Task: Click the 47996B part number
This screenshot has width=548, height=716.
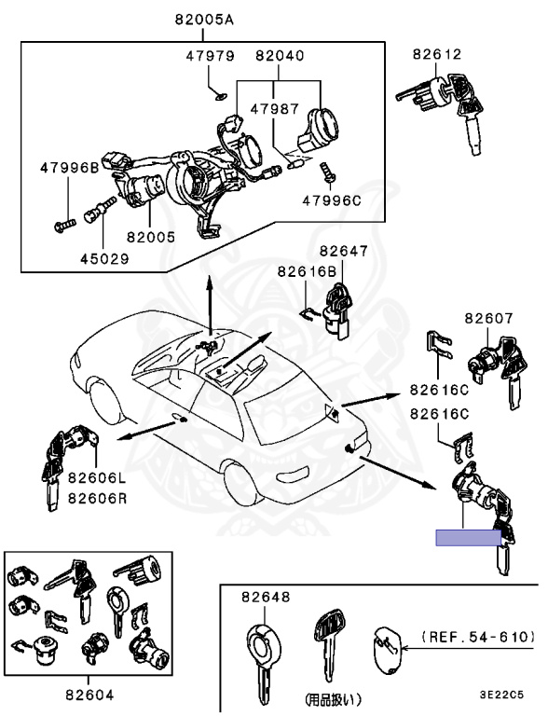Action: point(69,168)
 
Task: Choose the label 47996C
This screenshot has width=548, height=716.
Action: point(332,199)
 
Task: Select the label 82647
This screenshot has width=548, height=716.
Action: point(344,251)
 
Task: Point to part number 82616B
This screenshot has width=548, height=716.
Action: point(306,271)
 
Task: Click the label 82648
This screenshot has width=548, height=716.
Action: point(266,596)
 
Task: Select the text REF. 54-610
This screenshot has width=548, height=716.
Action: point(479,637)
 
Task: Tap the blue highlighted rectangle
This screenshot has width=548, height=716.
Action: point(468,537)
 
